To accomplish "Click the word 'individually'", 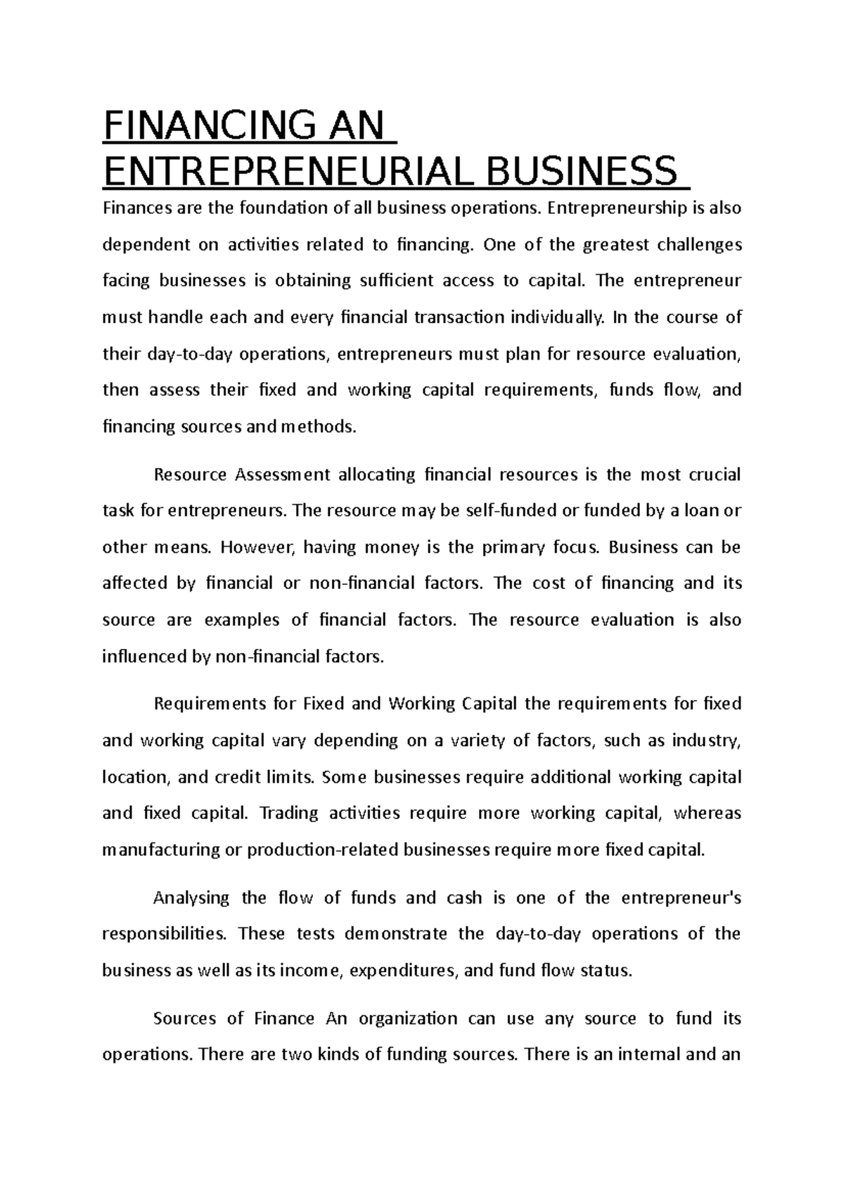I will (556, 317).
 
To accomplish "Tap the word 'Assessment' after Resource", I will (282, 475).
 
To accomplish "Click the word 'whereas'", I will (708, 814).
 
